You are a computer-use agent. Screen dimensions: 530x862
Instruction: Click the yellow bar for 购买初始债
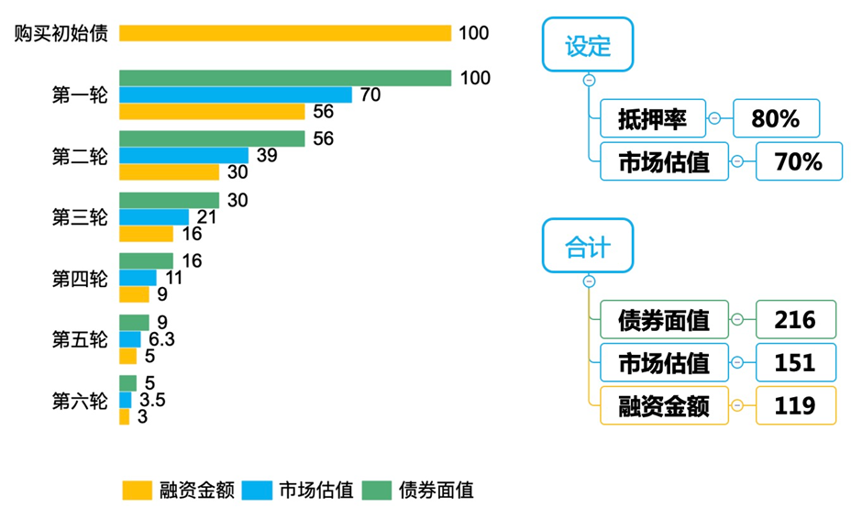pyautogui.click(x=285, y=33)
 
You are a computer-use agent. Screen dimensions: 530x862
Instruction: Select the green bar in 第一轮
pyautogui.click(x=285, y=78)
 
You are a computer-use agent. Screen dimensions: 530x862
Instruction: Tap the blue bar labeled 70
pyautogui.click(x=235, y=94)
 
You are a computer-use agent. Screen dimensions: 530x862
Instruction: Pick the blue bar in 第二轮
pyautogui.click(x=183, y=156)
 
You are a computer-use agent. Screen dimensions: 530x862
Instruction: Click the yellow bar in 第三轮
pyautogui.click(x=146, y=234)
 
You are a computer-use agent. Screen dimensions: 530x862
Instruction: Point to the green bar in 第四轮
pyautogui.click(x=146, y=261)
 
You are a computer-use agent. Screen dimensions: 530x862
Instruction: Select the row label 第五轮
pyautogui.click(x=79, y=340)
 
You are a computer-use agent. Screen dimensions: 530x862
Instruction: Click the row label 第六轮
pyautogui.click(x=79, y=401)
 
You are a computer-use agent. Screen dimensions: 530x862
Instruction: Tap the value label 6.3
pyautogui.click(x=161, y=340)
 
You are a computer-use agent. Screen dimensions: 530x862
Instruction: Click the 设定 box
pyautogui.click(x=588, y=45)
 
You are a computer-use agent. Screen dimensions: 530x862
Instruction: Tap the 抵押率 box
pyautogui.click(x=652, y=118)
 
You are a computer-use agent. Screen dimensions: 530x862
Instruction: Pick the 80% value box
pyautogui.click(x=776, y=118)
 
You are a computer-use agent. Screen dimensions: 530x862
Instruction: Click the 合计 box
pyautogui.click(x=588, y=246)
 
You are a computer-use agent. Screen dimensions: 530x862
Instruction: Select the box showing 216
pyautogui.click(x=795, y=319)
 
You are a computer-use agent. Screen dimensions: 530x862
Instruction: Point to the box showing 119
pyautogui.click(x=795, y=405)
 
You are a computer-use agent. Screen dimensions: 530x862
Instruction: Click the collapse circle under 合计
pyautogui.click(x=589, y=282)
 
